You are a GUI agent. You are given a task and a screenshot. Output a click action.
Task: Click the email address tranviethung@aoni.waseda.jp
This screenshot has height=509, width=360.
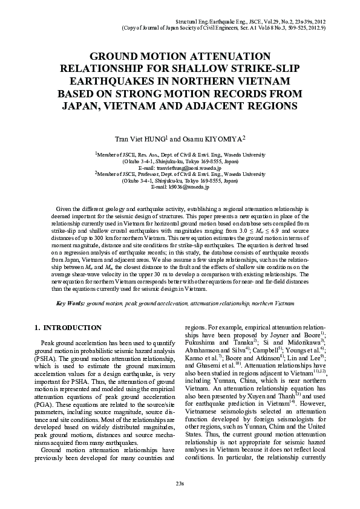pyautogui.click(x=180, y=168)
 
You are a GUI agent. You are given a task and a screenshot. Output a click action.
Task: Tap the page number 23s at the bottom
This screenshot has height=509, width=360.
pyautogui.click(x=180, y=485)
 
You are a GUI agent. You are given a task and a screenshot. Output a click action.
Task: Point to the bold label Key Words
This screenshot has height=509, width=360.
pyautogui.click(x=70, y=302)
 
